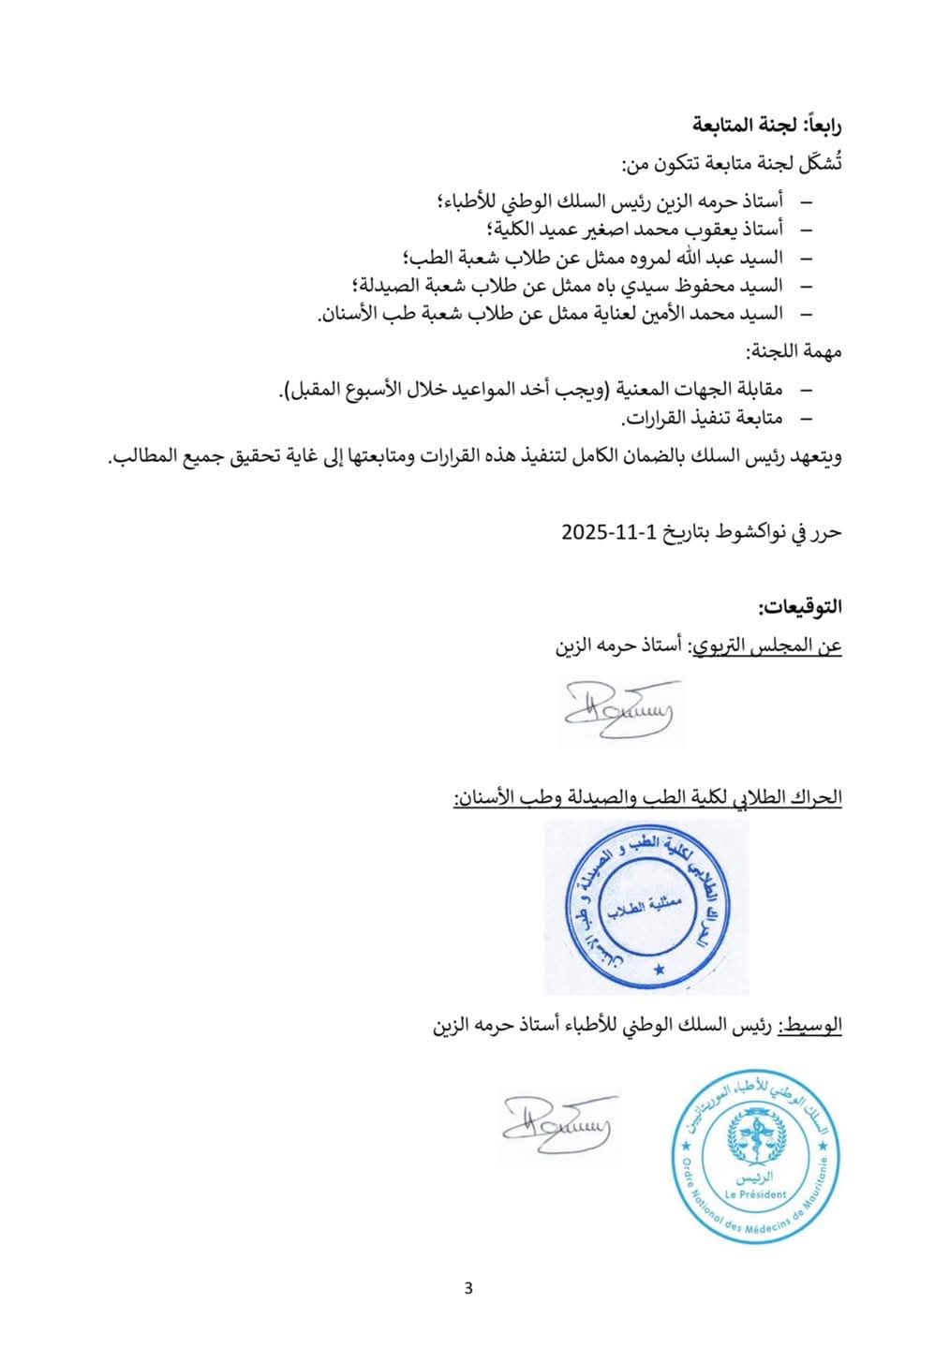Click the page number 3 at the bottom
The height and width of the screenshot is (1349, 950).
click(x=468, y=1286)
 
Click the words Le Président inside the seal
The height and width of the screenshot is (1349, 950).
click(x=756, y=1193)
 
